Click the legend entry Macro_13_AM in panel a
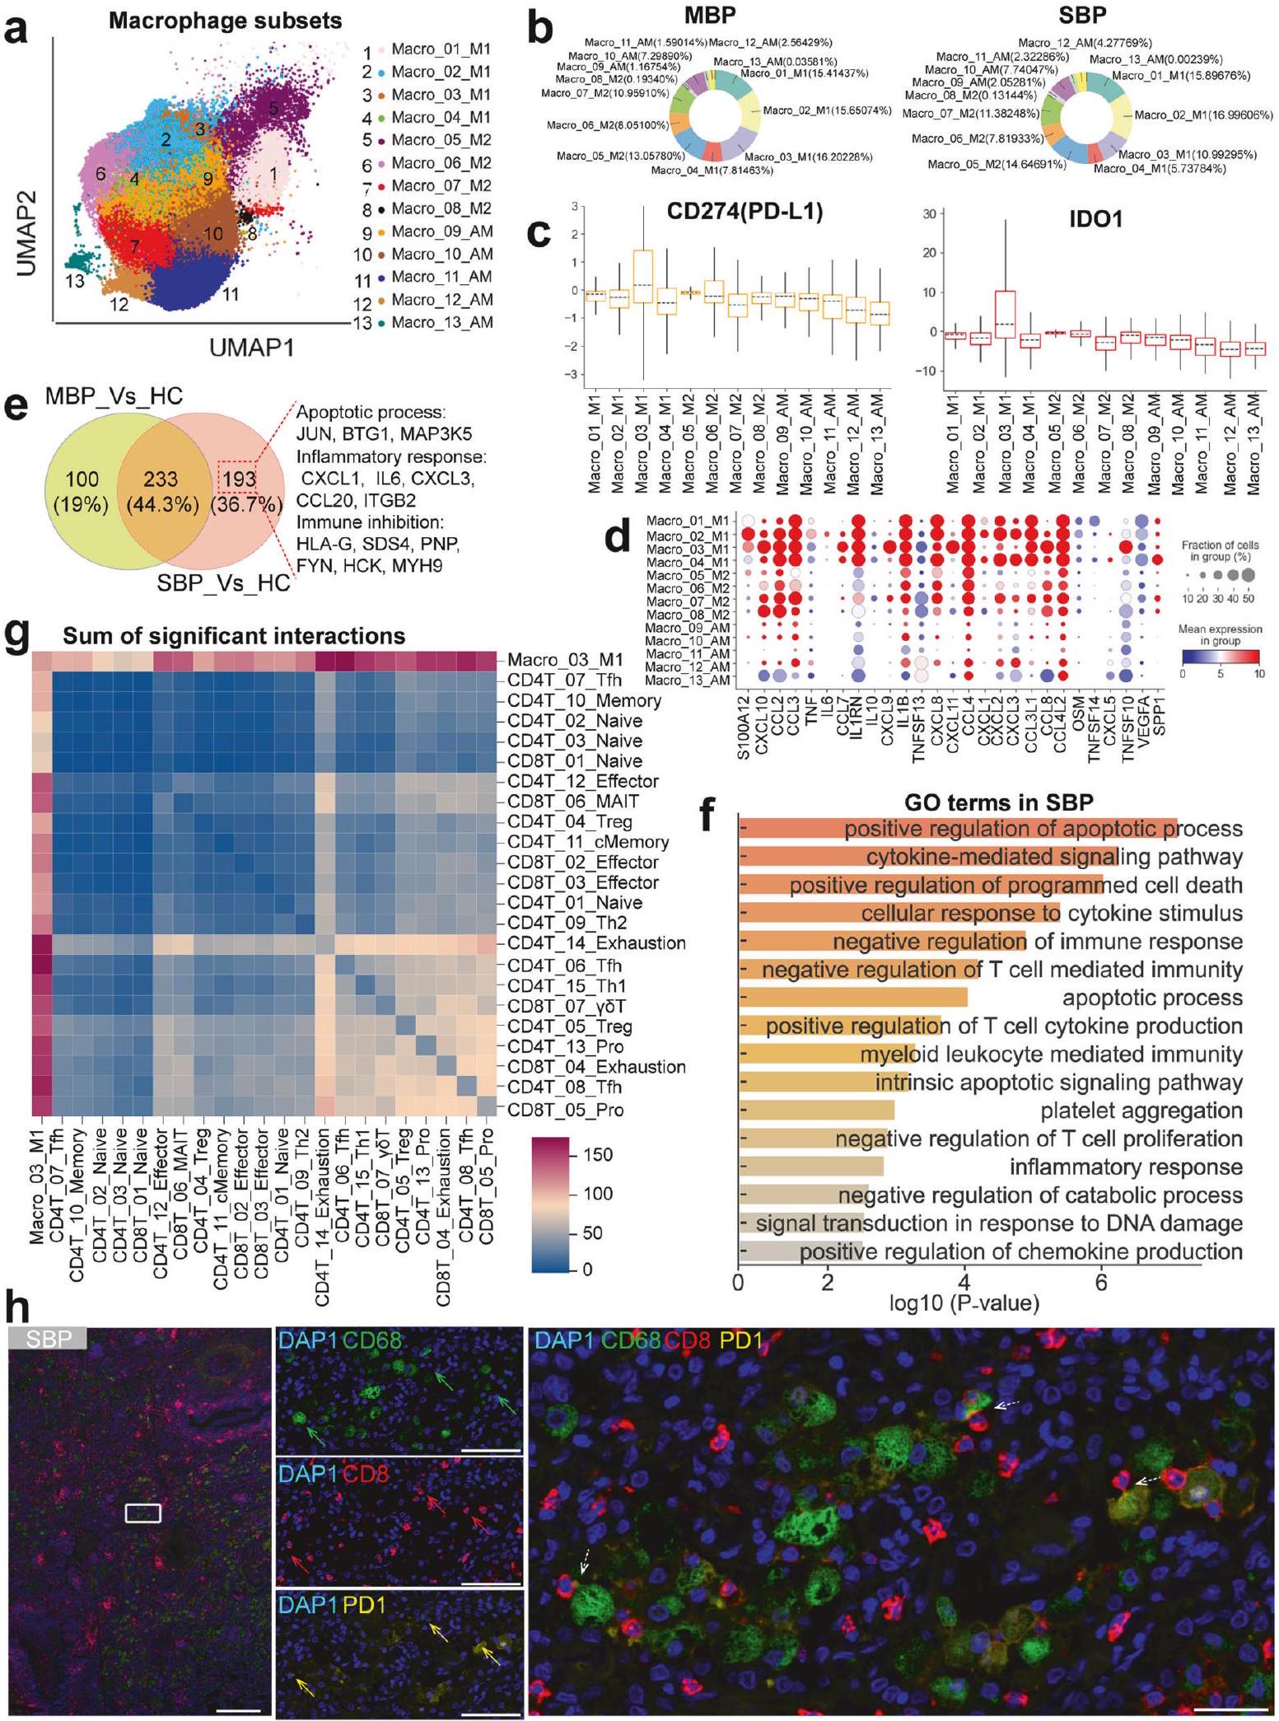441,322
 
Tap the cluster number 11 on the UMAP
231,292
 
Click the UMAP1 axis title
251,348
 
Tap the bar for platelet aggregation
816,1111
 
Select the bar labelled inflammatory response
811,1167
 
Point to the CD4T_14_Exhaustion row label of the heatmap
596,943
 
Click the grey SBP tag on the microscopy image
48,1338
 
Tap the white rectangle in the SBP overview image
142,1513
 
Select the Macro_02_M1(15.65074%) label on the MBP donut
827,110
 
